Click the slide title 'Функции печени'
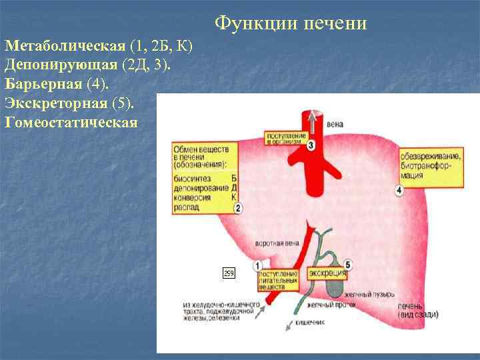291,24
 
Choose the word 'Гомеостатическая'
71,123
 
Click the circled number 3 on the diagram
312,145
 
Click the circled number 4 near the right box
399,191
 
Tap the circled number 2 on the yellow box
238,209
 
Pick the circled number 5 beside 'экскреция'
349,266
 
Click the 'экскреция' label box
327,274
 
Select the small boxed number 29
229,273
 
